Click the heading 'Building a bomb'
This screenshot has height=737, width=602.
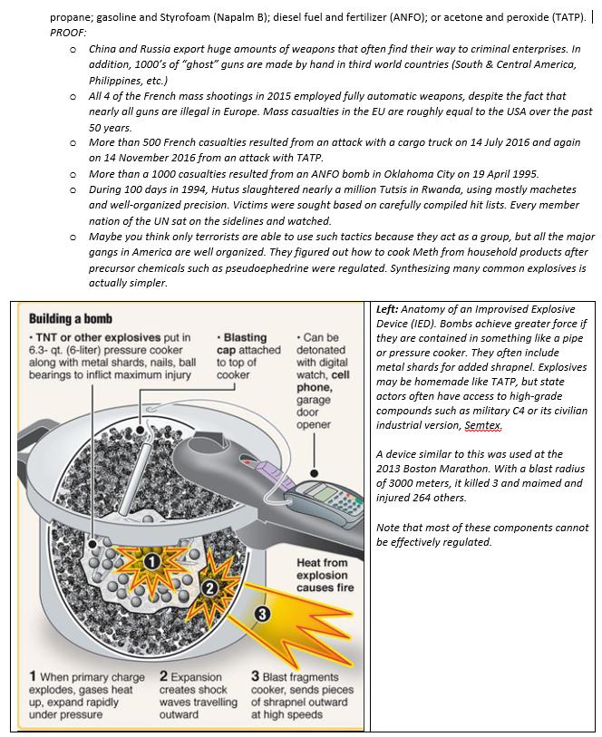(x=71, y=319)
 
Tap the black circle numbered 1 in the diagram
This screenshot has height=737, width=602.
(x=151, y=562)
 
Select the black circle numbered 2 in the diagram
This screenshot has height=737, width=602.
(x=210, y=588)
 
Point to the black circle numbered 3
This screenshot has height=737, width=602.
(x=263, y=614)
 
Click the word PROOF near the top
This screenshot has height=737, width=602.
(x=68, y=33)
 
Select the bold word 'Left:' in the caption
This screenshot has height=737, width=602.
(x=387, y=309)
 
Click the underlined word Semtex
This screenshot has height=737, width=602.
(x=483, y=425)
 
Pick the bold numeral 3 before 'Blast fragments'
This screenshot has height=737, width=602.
(x=255, y=676)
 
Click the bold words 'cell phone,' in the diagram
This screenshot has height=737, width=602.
(x=324, y=381)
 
